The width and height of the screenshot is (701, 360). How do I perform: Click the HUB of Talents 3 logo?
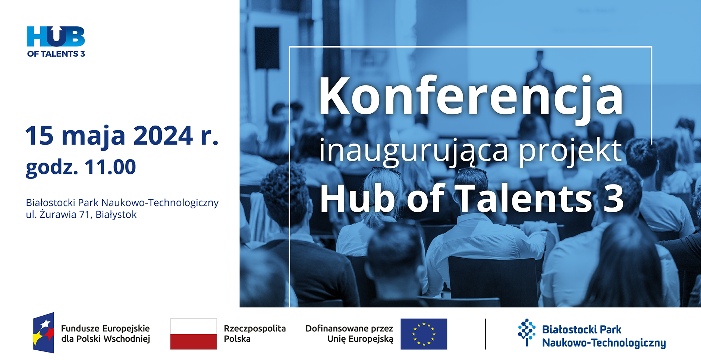tap(56, 42)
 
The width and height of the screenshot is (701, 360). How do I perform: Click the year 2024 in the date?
tap(163, 136)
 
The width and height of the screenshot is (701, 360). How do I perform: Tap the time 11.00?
tap(110, 167)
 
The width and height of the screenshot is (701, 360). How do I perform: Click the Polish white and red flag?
tap(194, 334)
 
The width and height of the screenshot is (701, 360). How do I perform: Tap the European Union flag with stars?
tap(424, 334)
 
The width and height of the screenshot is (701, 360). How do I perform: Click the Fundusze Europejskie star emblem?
tap(44, 332)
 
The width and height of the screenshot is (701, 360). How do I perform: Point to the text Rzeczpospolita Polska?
tap(255, 334)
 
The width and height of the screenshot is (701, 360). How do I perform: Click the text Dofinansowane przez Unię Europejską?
tap(349, 334)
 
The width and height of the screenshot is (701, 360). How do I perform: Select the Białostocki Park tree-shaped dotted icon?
tap(526, 332)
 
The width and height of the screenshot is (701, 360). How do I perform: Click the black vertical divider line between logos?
tap(485, 334)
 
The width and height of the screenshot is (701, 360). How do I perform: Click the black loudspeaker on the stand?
tap(267, 48)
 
